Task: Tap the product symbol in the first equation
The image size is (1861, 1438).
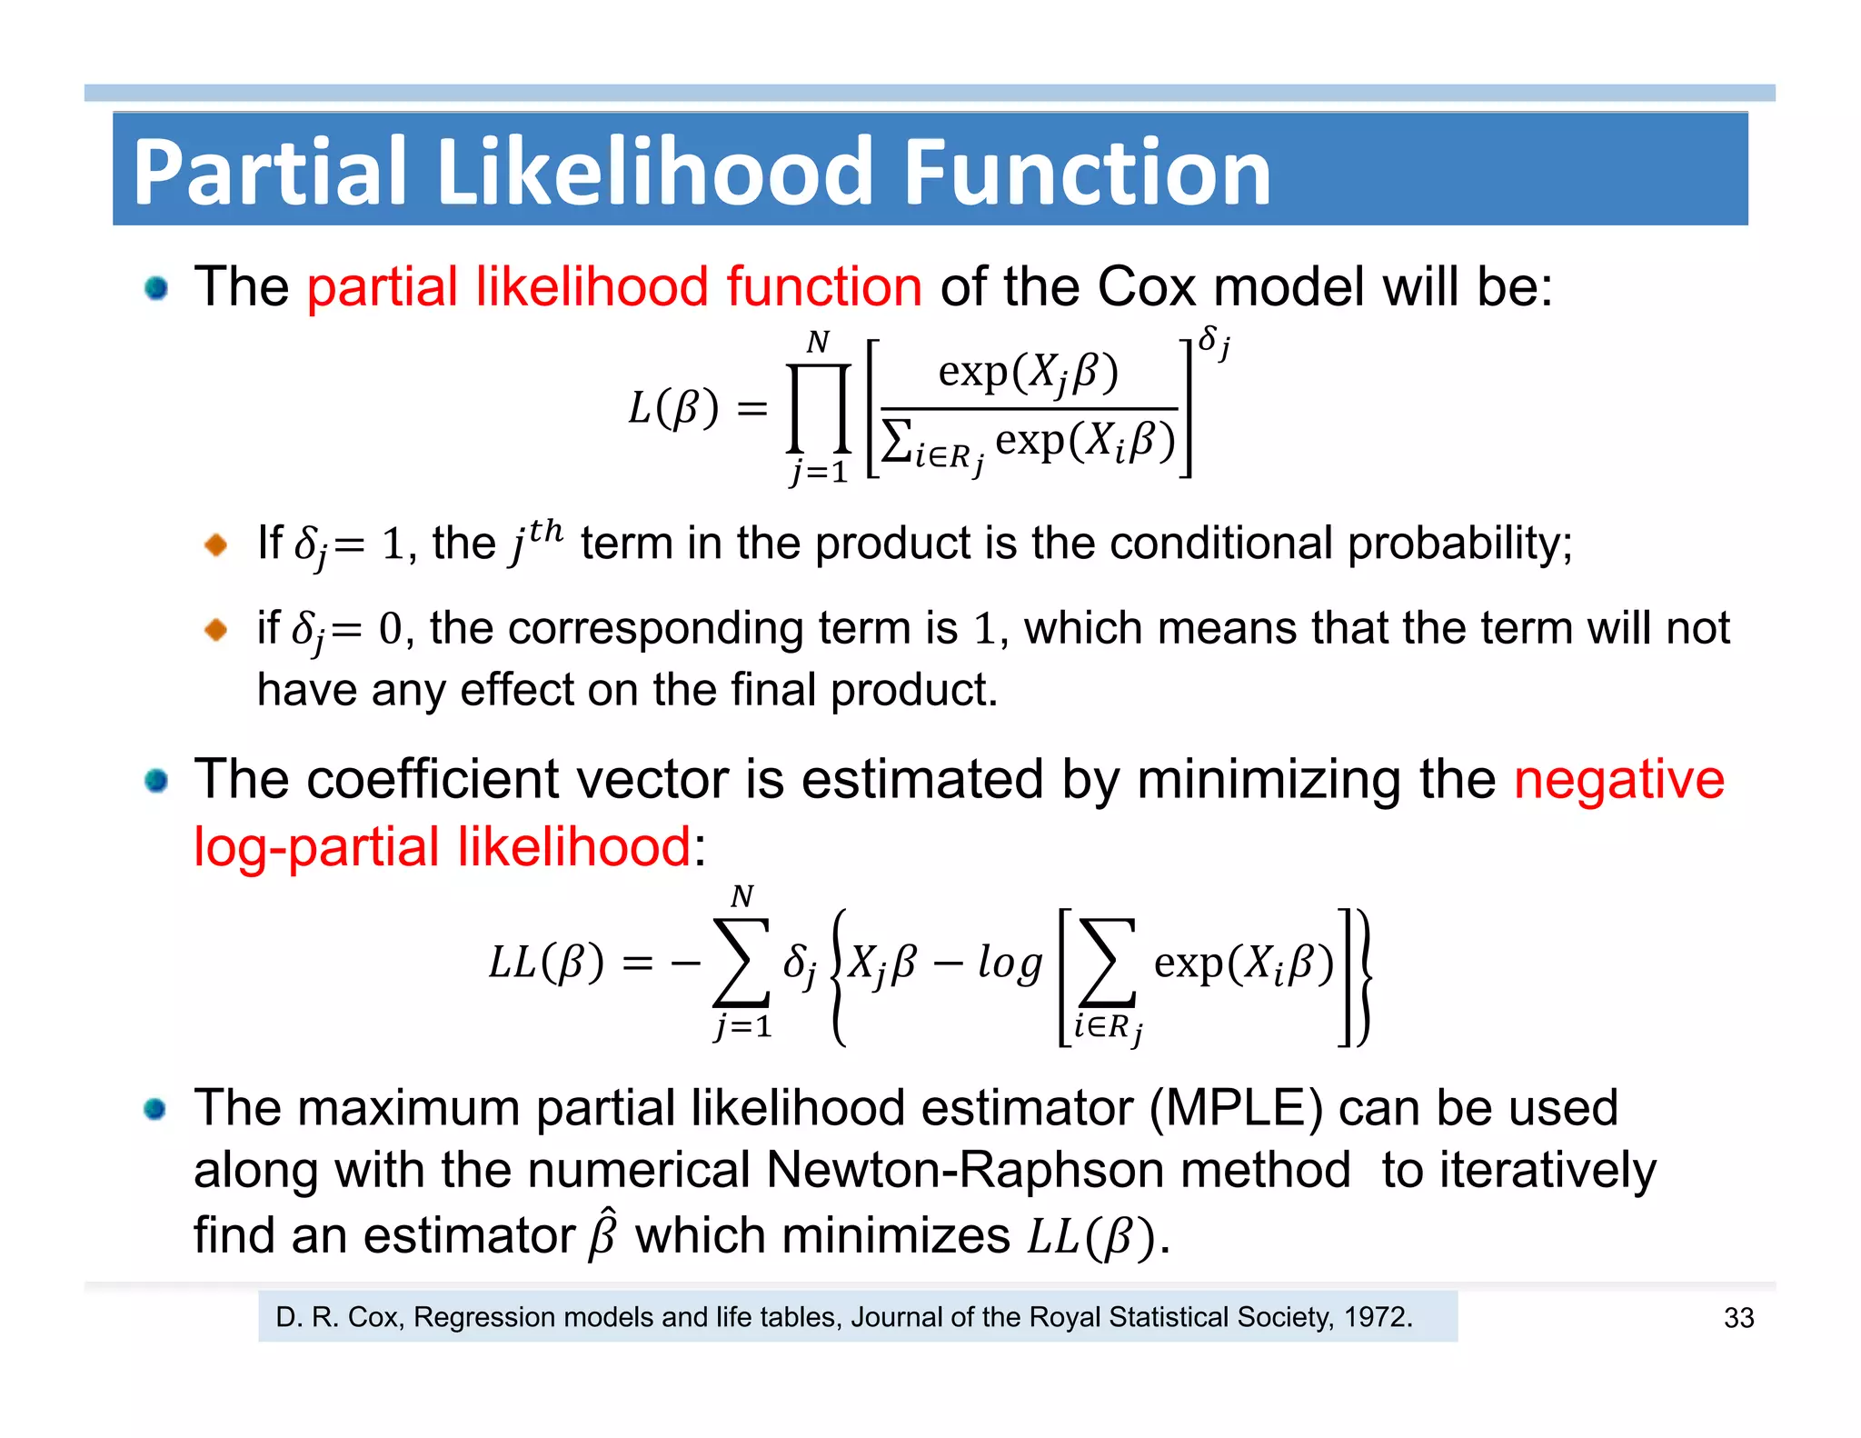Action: coord(819,408)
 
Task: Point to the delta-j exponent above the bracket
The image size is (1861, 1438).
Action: coord(1214,344)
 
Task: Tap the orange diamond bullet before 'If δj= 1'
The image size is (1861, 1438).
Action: coord(216,544)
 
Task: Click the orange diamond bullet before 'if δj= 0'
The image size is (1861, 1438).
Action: coord(216,629)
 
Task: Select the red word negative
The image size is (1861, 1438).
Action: coord(1618,780)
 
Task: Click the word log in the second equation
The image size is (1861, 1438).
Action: coord(1010,964)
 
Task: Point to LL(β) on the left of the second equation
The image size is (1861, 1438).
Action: coord(546,964)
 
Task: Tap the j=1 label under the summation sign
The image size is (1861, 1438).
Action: coord(743,1027)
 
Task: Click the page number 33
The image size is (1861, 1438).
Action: coord(1738,1318)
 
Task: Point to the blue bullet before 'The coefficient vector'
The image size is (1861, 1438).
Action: coord(156,781)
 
